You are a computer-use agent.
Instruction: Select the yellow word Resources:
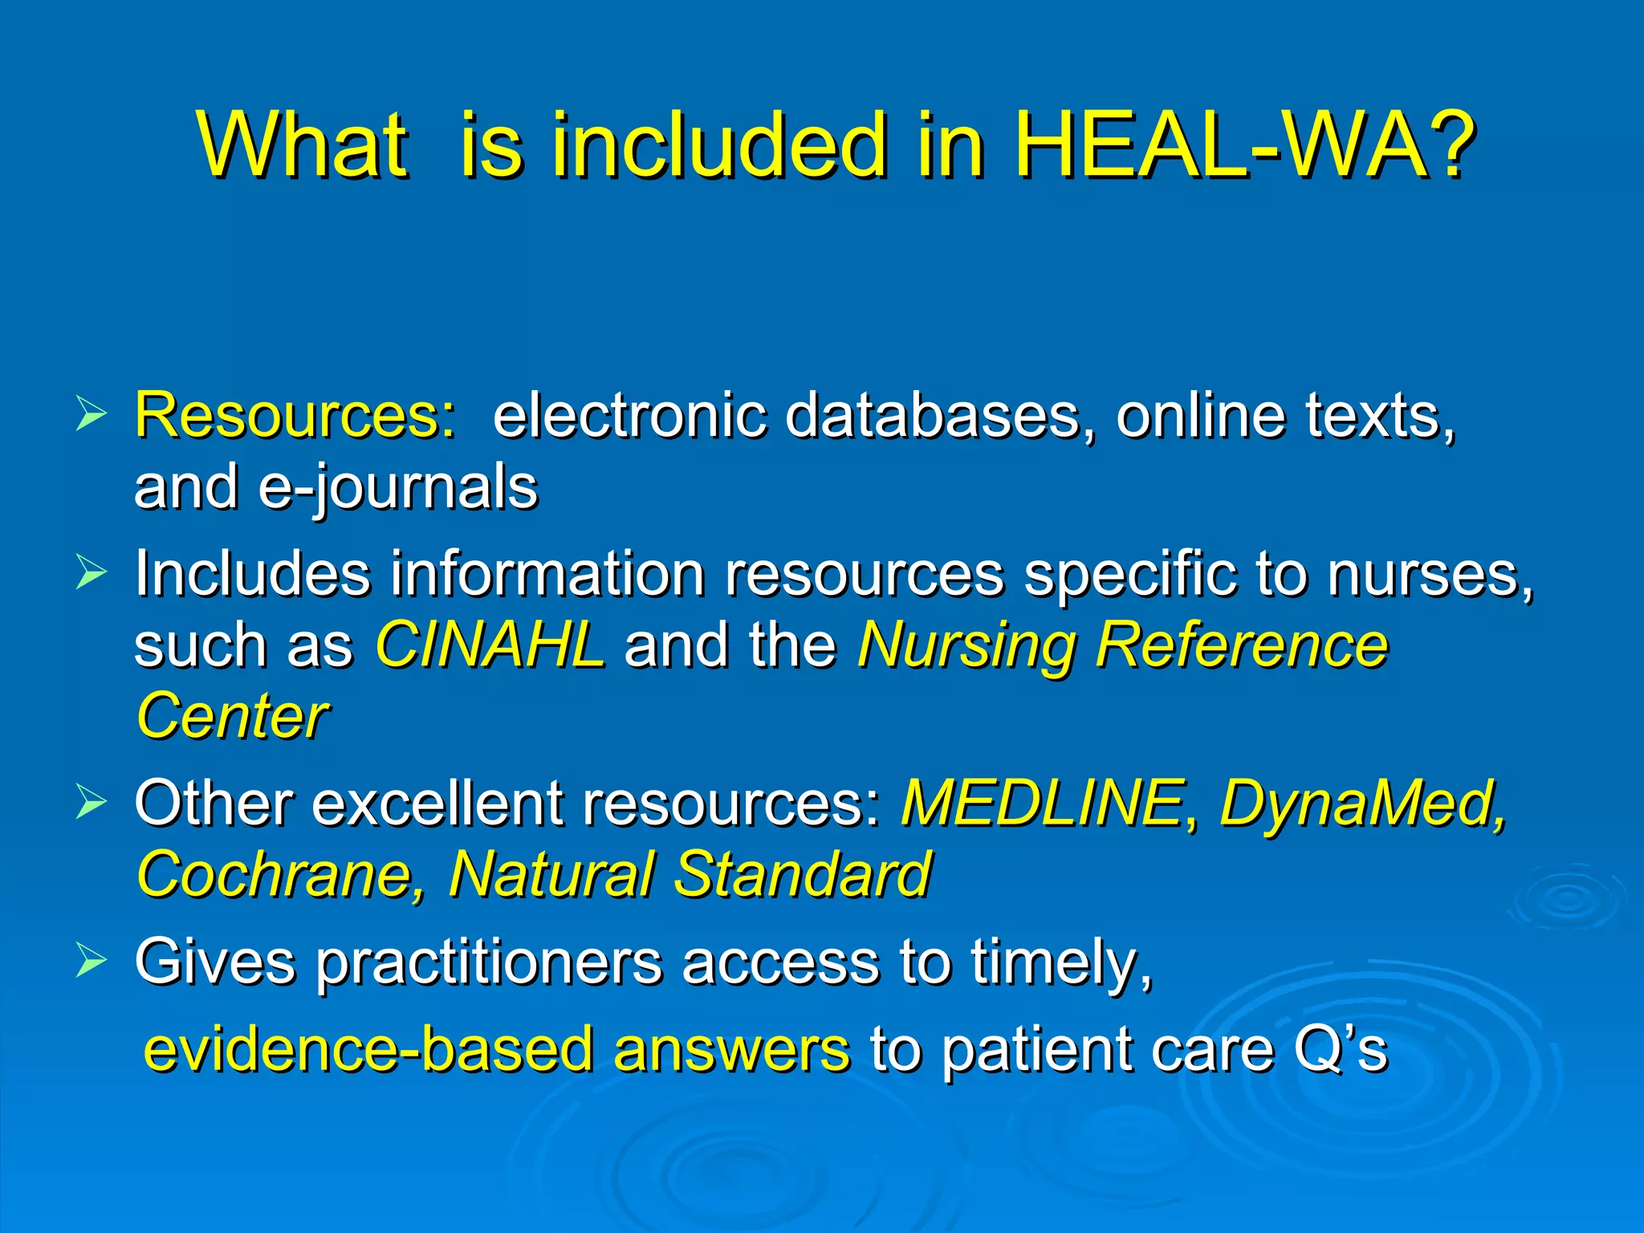tap(295, 416)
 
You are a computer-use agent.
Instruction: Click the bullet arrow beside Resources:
tap(91, 414)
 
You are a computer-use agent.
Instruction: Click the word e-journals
tap(397, 487)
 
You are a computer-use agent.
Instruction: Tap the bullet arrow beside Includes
tap(91, 572)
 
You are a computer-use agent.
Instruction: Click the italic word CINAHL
tap(490, 645)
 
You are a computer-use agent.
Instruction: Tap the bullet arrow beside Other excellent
tap(91, 801)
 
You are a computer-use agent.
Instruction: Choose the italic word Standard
tap(803, 874)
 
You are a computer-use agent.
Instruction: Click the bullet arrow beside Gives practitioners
tap(91, 959)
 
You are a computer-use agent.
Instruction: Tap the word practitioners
tap(489, 962)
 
